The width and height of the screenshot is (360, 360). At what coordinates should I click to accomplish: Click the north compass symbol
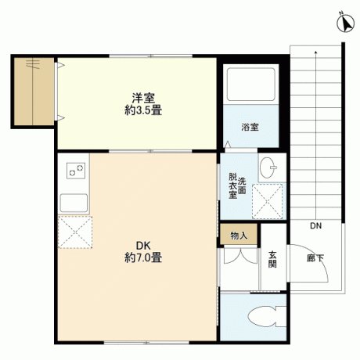[x=346, y=22]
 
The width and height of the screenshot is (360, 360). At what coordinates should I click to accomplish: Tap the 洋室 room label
[x=143, y=98]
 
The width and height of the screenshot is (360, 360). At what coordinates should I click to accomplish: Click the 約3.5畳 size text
[x=143, y=110]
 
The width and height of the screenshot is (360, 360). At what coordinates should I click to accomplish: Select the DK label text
[x=143, y=246]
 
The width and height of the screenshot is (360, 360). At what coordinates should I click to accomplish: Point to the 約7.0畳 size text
[x=143, y=257]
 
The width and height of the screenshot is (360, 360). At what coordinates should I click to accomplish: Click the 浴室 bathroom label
[x=250, y=127]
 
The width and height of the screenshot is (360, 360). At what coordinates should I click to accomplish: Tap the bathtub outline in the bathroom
[x=250, y=85]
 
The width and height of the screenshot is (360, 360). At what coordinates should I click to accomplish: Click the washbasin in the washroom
[x=268, y=167]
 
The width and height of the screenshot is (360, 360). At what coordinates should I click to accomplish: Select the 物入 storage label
[x=239, y=236]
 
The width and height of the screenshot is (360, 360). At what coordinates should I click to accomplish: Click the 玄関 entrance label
[x=272, y=259]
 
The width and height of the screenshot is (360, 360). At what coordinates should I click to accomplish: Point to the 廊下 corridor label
[x=315, y=258]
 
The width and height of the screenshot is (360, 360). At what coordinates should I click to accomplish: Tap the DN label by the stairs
[x=315, y=225]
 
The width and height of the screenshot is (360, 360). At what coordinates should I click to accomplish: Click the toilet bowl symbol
[x=266, y=316]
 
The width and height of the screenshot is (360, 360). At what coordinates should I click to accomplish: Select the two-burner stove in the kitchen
[x=76, y=171]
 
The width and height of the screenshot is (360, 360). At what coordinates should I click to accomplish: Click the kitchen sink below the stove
[x=74, y=203]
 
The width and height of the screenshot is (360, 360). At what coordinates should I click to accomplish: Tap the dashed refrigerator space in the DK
[x=75, y=232]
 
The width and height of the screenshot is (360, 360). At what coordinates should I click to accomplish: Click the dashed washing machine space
[x=268, y=201]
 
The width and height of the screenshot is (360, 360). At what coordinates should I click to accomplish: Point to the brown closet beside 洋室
[x=34, y=92]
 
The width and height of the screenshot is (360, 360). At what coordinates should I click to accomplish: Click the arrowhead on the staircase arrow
[x=316, y=52]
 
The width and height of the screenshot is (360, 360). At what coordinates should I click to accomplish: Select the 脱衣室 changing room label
[x=232, y=185]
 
